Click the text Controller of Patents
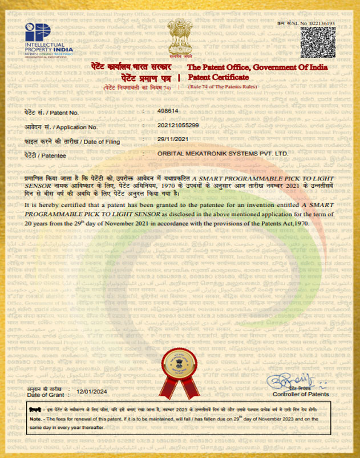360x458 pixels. click(x=301, y=395)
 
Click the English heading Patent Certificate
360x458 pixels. click(x=219, y=77)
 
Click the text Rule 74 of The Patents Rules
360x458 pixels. click(x=223, y=86)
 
